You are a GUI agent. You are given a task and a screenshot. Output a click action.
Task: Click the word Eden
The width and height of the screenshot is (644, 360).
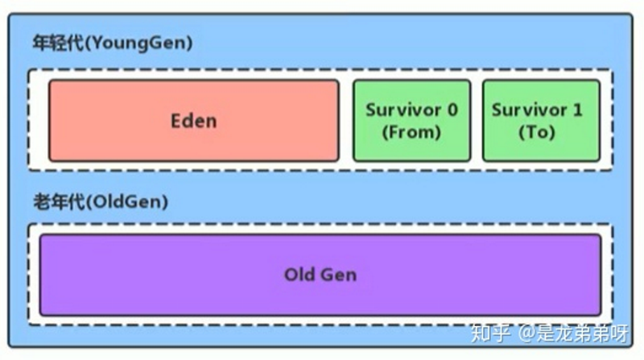193,121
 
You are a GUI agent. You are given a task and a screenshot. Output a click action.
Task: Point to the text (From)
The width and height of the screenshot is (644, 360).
411,132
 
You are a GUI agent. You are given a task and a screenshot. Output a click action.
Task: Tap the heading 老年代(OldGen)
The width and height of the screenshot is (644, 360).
101,202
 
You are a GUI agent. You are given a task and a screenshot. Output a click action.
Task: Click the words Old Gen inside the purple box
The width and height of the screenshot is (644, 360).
320,275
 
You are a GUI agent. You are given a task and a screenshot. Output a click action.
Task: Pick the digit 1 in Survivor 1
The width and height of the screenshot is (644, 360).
577,110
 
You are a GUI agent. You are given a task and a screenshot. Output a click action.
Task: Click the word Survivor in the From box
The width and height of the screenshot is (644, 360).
402,110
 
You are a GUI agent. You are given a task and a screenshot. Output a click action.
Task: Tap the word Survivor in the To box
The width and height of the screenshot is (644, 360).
528,110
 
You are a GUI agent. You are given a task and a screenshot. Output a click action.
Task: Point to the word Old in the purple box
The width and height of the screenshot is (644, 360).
299,275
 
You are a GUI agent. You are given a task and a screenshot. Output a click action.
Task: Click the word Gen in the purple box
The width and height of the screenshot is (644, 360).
338,275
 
